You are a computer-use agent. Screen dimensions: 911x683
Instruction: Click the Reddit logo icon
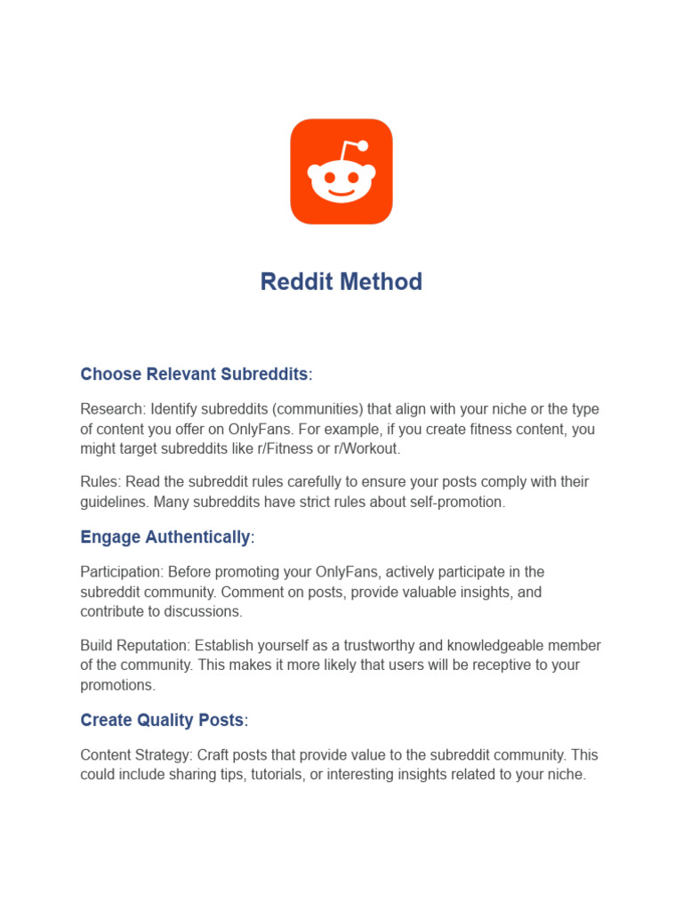(341, 171)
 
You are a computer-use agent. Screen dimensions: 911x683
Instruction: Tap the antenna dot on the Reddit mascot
(363, 146)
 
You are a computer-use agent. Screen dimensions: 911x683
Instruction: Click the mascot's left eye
(328, 178)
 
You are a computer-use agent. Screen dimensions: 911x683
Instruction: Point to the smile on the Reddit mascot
(341, 192)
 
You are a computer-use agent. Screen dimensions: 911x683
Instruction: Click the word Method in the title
(385, 282)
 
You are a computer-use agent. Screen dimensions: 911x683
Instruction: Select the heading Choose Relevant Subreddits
(194, 375)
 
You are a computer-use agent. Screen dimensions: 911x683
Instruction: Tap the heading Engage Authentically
(165, 537)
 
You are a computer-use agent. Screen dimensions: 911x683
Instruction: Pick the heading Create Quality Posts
(162, 720)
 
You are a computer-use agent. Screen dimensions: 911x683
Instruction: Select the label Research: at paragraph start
(113, 409)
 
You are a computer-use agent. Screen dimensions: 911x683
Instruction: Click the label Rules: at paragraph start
(100, 482)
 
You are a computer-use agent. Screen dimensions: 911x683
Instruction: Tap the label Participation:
(122, 571)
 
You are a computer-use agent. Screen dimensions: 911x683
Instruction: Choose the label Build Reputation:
(135, 645)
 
